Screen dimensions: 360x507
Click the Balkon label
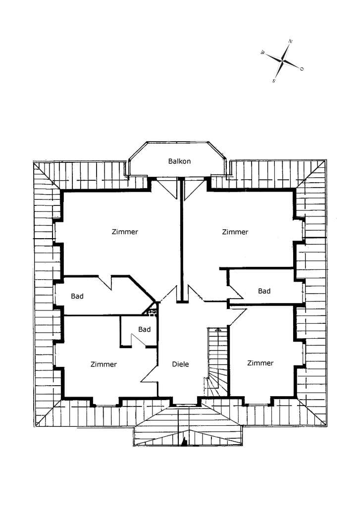[x=179, y=161]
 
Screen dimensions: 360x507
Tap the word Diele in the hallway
[x=180, y=364]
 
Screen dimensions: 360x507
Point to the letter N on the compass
[x=291, y=42]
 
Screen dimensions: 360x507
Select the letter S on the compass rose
[x=274, y=81]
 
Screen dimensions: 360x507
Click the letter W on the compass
[x=262, y=52]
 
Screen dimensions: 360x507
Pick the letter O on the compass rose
[x=302, y=68]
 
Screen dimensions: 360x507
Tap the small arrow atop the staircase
[x=218, y=329]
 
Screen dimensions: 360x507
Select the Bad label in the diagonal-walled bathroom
[x=77, y=296]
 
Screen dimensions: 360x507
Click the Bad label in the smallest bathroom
[x=144, y=329]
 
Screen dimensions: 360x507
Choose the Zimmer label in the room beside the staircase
[x=260, y=363]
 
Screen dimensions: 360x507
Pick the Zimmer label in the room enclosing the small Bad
[x=103, y=364]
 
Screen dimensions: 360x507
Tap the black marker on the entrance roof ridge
[x=184, y=442]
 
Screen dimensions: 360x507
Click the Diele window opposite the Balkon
[x=184, y=405]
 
